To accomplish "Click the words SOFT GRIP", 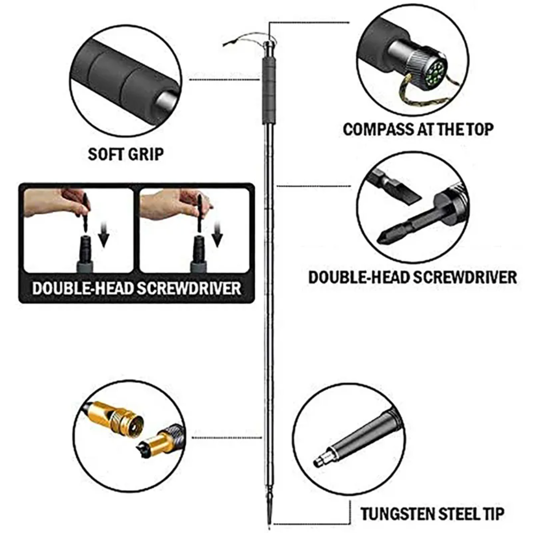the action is tap(126, 154).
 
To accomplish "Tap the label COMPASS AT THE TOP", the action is tap(418, 129).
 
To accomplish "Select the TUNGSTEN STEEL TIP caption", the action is tap(432, 514).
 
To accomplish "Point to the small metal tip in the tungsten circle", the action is tap(323, 459).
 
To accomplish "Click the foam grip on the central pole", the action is tap(268, 90).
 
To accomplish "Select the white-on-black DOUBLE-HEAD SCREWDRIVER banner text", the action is tap(137, 288).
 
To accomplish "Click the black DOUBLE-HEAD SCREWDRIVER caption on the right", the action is tap(413, 277).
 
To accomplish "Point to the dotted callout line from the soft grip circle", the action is tap(224, 80).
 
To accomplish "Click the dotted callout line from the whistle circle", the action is tap(227, 438).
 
